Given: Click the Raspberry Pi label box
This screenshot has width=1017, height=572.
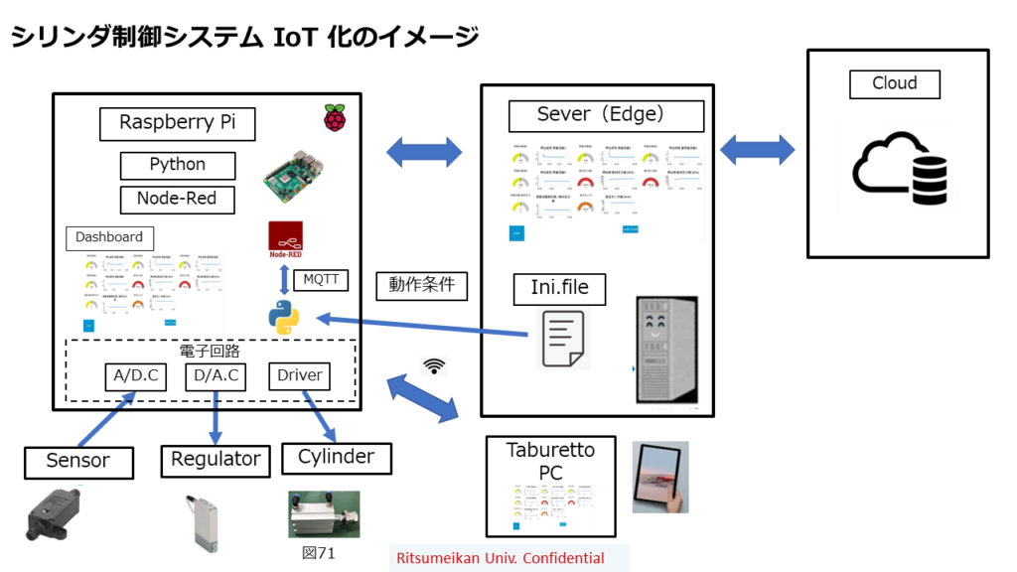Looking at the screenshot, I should pyautogui.click(x=178, y=123).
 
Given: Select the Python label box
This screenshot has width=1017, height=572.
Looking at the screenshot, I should pyautogui.click(x=178, y=165).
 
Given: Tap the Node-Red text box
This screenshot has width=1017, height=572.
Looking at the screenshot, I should pyautogui.click(x=178, y=199).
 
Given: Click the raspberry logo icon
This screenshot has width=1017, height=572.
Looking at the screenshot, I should pyautogui.click(x=336, y=116).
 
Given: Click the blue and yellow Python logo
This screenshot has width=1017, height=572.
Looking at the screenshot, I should pyautogui.click(x=283, y=318).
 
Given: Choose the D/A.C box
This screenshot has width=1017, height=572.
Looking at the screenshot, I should pyautogui.click(x=217, y=376).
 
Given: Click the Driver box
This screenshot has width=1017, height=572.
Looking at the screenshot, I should pyautogui.click(x=299, y=376).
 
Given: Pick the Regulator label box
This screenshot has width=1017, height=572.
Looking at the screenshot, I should pyautogui.click(x=216, y=460).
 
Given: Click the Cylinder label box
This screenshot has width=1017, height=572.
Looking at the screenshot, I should pyautogui.click(x=336, y=458).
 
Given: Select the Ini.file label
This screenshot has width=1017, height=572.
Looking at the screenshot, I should pyautogui.click(x=552, y=289).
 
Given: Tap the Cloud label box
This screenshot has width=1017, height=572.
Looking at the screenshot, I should pyautogui.click(x=894, y=83).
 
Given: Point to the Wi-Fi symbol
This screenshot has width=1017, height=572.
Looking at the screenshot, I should pyautogui.click(x=434, y=365).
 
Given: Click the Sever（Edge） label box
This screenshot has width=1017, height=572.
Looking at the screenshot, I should pyautogui.click(x=606, y=114).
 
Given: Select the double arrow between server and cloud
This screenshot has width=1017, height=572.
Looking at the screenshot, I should pyautogui.click(x=757, y=151).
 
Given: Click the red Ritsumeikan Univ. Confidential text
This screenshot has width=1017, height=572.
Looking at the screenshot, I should pyautogui.click(x=500, y=558).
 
